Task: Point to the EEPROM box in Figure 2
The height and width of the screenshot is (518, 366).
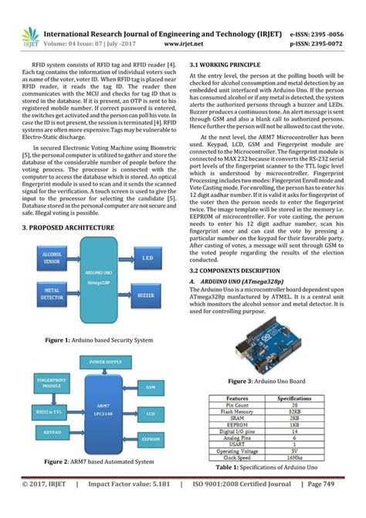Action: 151,438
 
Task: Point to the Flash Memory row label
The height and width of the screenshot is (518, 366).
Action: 237,411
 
